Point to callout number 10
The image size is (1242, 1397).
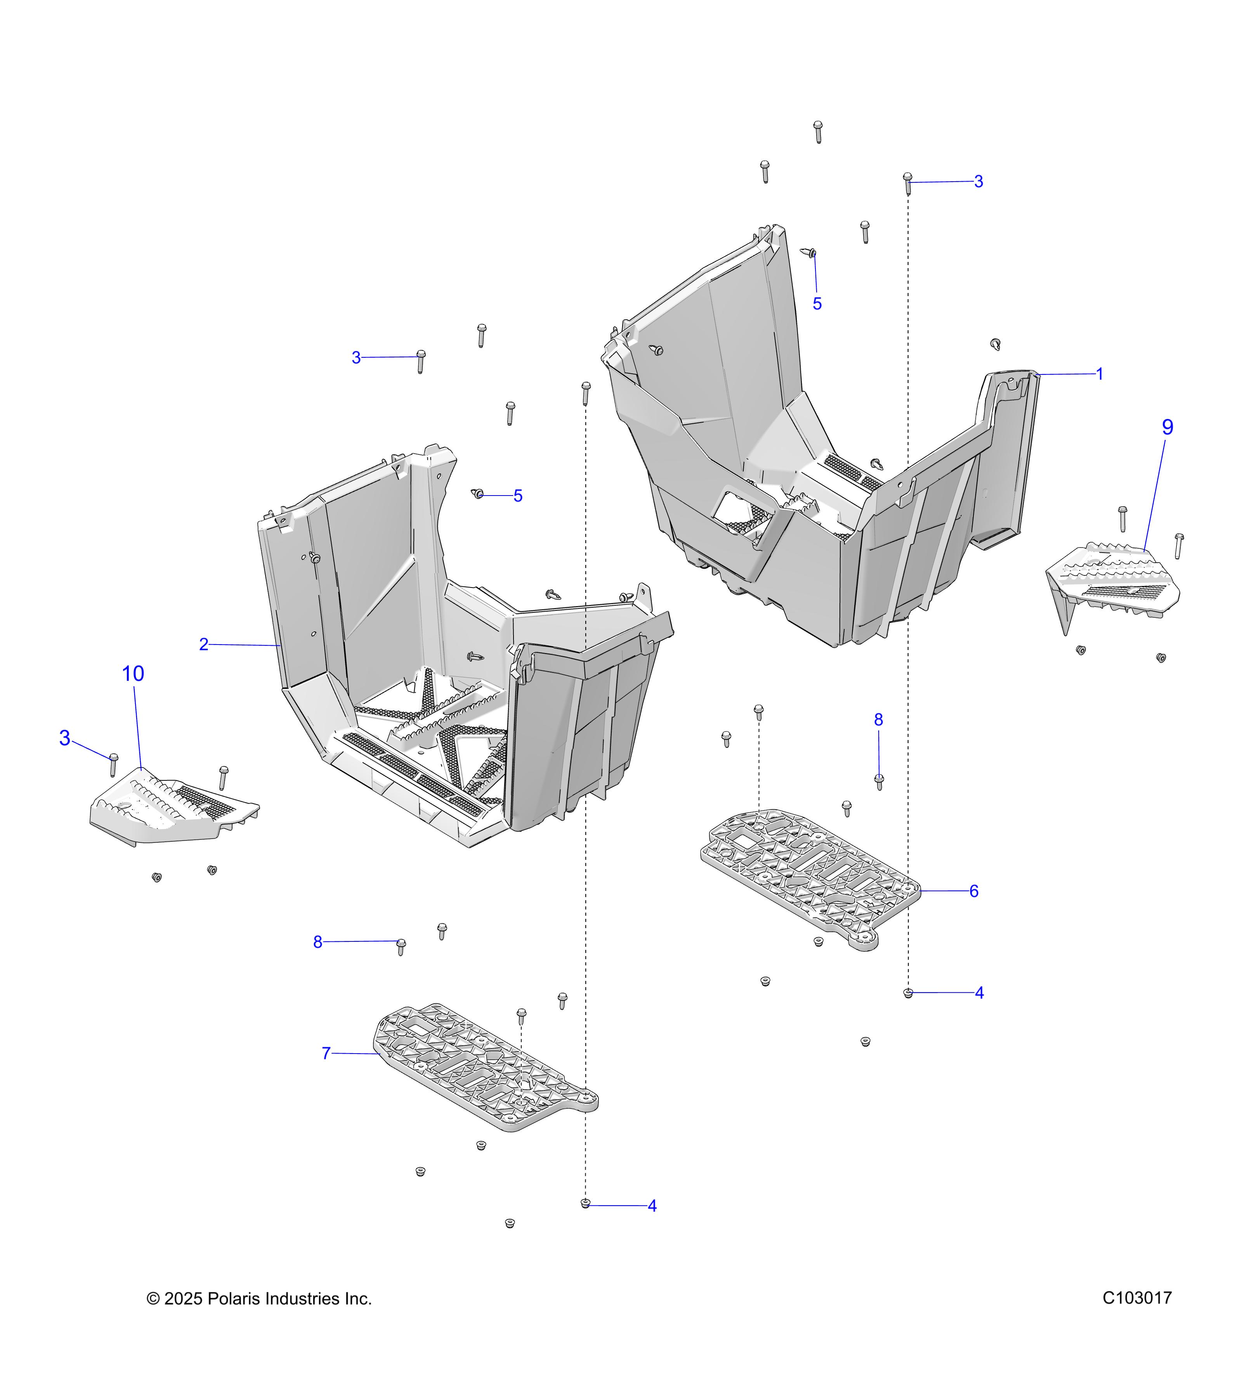pos(133,674)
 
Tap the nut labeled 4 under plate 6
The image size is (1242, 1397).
pos(908,993)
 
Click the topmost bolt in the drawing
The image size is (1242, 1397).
pos(817,131)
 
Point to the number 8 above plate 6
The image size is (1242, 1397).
pos(878,720)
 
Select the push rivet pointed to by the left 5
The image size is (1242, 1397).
pos(479,494)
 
